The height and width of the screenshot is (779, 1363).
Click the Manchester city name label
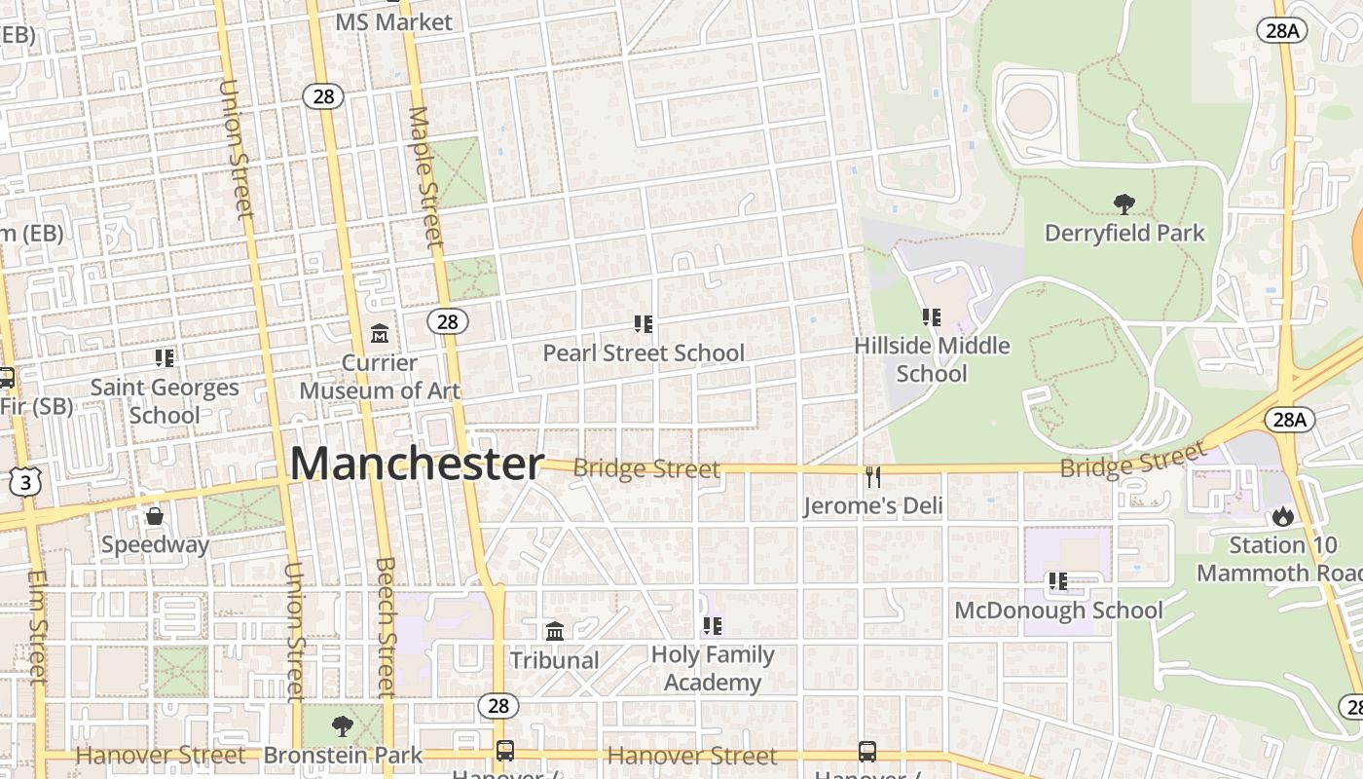point(417,464)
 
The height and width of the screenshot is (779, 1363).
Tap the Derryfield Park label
point(1124,234)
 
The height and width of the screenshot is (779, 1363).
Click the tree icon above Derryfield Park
point(1124,204)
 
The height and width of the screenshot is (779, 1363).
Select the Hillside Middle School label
point(932,359)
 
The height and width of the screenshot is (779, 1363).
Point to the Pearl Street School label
point(644,352)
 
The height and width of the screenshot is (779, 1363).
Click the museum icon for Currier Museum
point(380,334)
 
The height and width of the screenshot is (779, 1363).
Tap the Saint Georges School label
point(165,400)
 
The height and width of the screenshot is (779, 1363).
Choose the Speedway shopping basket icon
point(155,515)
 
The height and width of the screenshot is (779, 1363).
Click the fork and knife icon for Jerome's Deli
point(873,477)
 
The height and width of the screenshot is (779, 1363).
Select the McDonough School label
point(1058,611)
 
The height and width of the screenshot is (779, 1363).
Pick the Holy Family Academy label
point(713,668)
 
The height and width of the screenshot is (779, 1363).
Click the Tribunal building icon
point(555,632)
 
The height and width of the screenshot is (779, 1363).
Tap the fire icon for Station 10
point(1282,516)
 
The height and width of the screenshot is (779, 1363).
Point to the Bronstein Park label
point(343,755)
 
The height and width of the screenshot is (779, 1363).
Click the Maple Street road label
point(426,175)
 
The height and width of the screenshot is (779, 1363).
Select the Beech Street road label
point(386,626)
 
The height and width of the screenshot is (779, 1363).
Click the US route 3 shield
point(26,481)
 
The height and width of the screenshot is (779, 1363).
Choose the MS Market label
point(393,21)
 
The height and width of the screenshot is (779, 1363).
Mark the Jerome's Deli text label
point(873,505)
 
